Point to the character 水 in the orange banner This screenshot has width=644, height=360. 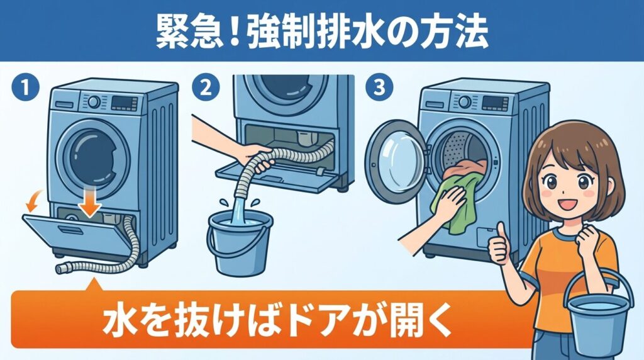click(118, 321)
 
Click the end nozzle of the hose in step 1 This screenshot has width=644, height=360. click(64, 269)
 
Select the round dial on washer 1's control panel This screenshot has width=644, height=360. click(94, 102)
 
